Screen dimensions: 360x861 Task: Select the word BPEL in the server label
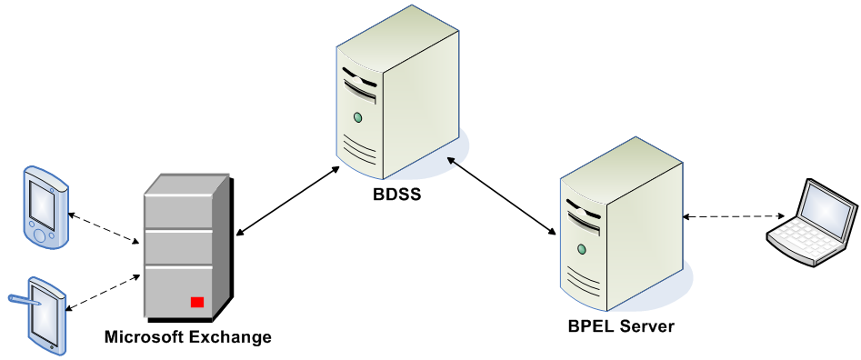[x=592, y=325]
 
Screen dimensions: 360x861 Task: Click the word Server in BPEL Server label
[x=647, y=325]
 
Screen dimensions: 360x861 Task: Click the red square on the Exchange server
[x=196, y=302]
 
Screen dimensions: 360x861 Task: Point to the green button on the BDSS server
[x=357, y=116]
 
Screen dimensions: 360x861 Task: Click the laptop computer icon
[x=812, y=223]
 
